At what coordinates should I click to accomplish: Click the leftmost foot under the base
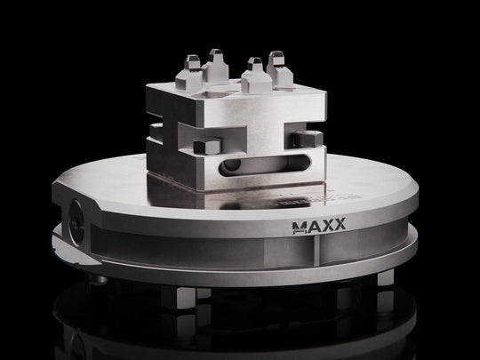(100, 278)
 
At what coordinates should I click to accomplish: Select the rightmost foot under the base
(385, 277)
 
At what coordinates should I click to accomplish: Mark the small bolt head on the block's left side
(154, 130)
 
